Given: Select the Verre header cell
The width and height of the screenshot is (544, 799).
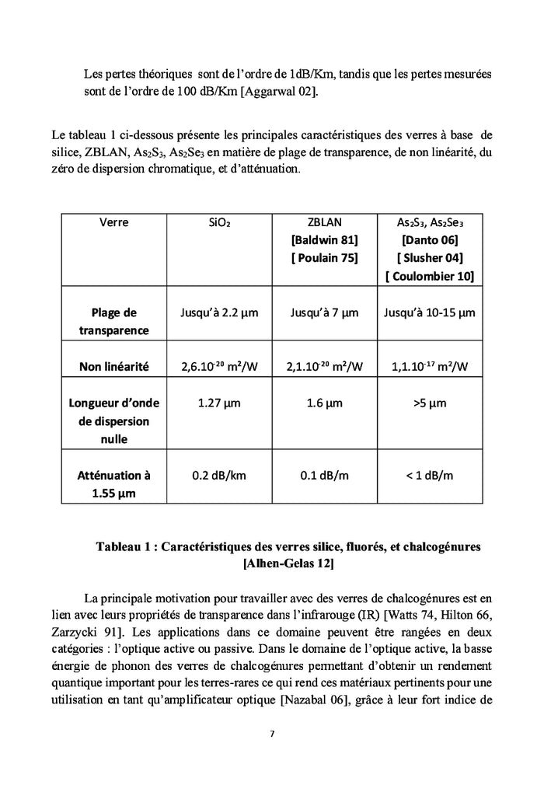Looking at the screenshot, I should [x=113, y=222].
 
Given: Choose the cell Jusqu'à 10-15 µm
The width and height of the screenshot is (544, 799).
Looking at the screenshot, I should [x=429, y=313].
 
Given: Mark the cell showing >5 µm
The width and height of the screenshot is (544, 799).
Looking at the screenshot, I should [x=429, y=403].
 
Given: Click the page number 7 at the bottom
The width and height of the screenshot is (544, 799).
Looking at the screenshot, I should [x=272, y=734].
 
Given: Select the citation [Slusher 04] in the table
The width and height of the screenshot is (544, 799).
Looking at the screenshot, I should [x=429, y=258].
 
